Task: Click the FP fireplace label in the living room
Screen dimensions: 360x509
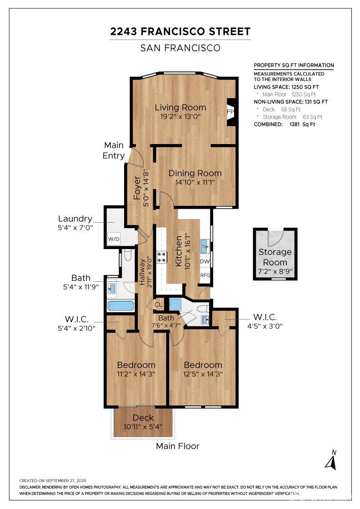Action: pyautogui.click(x=230, y=112)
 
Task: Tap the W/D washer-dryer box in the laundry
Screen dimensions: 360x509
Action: pyautogui.click(x=114, y=239)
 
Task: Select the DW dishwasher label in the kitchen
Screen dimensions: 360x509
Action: pyautogui.click(x=205, y=261)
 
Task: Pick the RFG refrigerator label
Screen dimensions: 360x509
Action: pyautogui.click(x=205, y=275)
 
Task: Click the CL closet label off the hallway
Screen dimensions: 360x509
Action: pyautogui.click(x=159, y=305)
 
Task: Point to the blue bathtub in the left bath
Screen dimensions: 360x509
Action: pyautogui.click(x=120, y=306)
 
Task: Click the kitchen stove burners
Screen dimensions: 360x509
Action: pyautogui.click(x=162, y=257)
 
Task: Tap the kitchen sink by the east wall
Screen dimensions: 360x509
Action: pyautogui.click(x=205, y=246)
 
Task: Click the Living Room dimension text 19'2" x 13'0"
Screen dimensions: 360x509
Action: pyautogui.click(x=180, y=116)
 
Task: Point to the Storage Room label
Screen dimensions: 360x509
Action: pyautogui.click(x=275, y=257)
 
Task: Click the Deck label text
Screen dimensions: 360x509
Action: pyautogui.click(x=143, y=418)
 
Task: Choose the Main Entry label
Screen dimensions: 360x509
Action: pyautogui.click(x=114, y=150)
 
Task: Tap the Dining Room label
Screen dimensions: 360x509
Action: pyautogui.click(x=195, y=173)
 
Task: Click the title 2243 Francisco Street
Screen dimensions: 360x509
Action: pyautogui.click(x=180, y=31)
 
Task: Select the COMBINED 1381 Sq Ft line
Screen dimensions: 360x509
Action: pyautogui.click(x=285, y=125)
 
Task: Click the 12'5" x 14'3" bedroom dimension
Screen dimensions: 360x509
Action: pyautogui.click(x=203, y=374)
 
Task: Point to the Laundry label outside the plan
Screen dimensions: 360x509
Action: pyautogui.click(x=75, y=219)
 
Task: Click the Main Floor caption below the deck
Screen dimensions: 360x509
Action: pyautogui.click(x=178, y=446)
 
